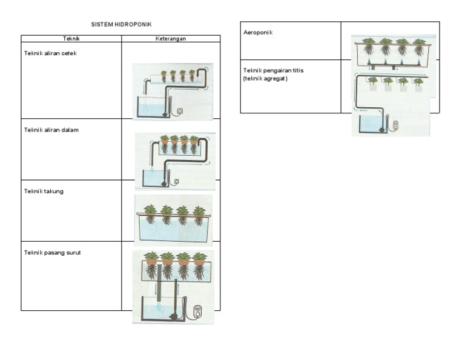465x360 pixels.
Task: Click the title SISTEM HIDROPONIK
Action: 122,24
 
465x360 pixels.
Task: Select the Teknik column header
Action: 71,38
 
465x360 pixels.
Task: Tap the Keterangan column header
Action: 171,38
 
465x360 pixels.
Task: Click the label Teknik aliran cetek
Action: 50,53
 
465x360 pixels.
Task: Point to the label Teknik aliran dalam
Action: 51,130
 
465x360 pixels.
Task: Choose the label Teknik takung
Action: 44,192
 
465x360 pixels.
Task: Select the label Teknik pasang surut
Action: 52,253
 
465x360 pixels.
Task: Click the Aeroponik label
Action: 257,32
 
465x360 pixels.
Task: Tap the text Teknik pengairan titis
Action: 273,70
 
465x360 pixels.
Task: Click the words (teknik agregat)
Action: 265,78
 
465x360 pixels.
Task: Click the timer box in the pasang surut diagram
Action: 197,312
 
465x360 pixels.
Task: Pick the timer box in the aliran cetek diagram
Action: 179,111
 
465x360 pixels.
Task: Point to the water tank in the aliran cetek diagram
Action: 152,107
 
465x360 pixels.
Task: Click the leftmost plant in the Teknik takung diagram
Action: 150,213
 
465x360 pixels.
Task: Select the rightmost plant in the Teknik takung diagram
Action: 199,214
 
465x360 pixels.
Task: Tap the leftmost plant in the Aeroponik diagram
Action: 368,45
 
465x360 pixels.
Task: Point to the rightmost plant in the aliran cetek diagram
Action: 192,75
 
